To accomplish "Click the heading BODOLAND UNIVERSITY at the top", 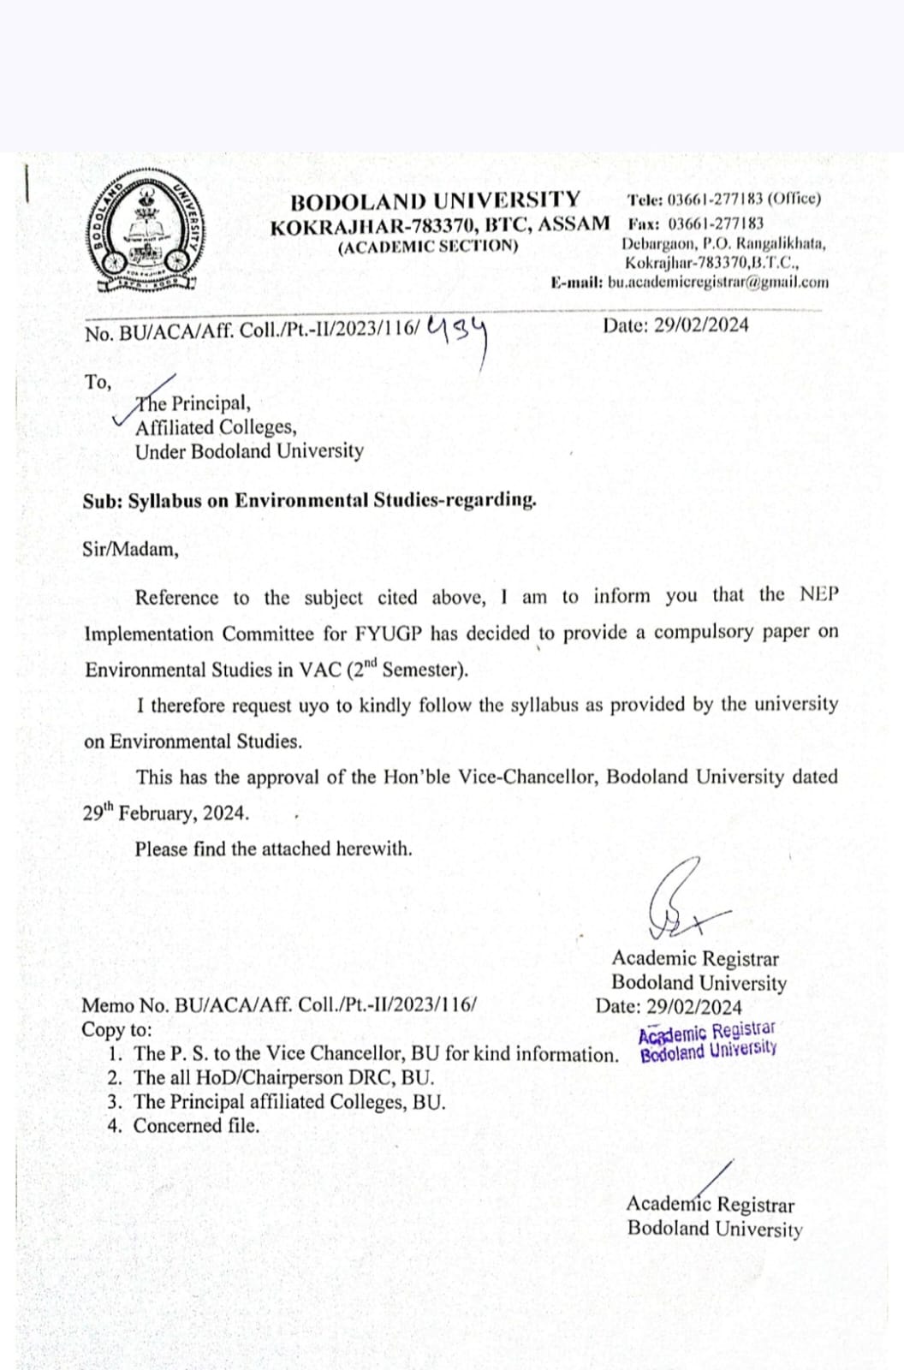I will tap(435, 200).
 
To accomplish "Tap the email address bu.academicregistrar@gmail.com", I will tap(717, 282).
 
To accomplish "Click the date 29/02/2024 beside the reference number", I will tap(675, 325).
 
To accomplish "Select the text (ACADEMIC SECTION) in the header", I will tap(428, 247).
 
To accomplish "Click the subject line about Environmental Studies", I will tap(310, 500).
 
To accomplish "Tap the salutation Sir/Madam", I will tap(130, 549).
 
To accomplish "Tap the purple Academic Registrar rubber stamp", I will tap(708, 1041).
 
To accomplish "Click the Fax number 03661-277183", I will tap(716, 223).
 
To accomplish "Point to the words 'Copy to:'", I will tap(116, 1029).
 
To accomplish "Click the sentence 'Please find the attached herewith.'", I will tap(273, 849).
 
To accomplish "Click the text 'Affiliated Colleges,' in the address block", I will tap(216, 426).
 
